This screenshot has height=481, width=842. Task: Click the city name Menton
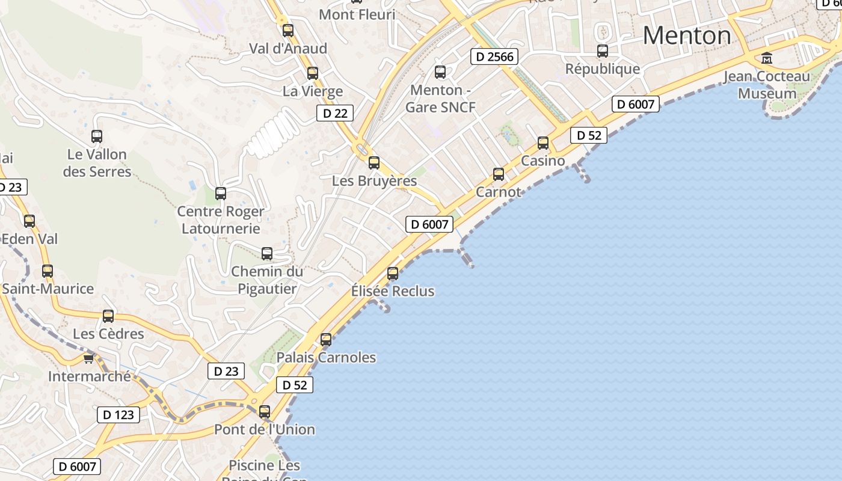click(x=687, y=36)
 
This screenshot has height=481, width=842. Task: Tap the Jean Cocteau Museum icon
click(x=767, y=58)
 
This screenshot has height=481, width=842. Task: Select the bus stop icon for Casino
click(x=543, y=143)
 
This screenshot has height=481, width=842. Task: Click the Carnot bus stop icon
click(x=499, y=174)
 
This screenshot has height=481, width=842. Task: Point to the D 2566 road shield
click(x=494, y=57)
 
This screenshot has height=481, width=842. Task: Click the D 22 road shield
click(x=335, y=113)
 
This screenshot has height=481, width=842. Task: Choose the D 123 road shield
click(x=118, y=414)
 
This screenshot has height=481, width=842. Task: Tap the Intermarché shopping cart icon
click(x=89, y=359)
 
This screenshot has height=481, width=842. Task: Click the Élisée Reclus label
click(x=393, y=291)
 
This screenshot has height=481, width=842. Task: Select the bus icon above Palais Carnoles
click(x=326, y=340)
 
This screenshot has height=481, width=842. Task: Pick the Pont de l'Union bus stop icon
click(x=265, y=412)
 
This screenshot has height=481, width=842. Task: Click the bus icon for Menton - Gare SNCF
click(x=440, y=72)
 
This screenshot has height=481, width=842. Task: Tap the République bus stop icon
click(x=603, y=51)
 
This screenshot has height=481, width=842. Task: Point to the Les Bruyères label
click(x=374, y=180)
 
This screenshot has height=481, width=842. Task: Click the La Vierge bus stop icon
click(x=313, y=73)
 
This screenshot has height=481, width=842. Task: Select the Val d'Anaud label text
click(x=288, y=49)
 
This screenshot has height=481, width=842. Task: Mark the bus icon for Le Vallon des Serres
click(x=97, y=136)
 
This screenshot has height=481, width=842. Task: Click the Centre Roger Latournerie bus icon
click(x=221, y=194)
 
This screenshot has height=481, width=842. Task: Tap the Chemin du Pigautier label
click(x=267, y=280)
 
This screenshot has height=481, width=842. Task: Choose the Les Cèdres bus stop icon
click(x=108, y=316)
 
